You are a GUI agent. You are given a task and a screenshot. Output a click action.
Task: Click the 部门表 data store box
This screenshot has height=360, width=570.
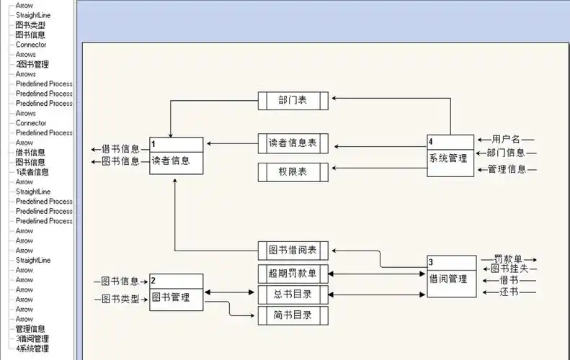click(x=293, y=101)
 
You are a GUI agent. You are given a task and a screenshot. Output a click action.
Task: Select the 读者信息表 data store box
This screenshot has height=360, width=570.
click(x=293, y=143)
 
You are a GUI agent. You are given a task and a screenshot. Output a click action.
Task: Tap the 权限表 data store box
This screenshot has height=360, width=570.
click(x=293, y=172)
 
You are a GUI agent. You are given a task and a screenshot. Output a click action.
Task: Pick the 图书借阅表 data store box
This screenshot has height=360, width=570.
click(x=293, y=251)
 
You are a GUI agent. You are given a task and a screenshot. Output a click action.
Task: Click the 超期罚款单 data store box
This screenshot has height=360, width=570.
click(x=293, y=273)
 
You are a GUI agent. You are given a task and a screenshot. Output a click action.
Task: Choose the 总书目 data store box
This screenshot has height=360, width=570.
click(x=293, y=294)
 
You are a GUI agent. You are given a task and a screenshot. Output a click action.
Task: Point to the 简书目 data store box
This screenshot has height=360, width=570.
click(x=293, y=315)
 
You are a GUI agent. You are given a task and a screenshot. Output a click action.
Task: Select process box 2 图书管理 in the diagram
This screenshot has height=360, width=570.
click(x=176, y=292)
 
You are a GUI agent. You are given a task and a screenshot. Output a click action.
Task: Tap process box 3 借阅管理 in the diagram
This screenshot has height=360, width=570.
click(x=452, y=276)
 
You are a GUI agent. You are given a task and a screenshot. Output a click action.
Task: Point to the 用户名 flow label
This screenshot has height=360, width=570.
click(x=506, y=139)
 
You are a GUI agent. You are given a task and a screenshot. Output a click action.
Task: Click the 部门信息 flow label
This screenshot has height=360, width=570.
click(x=506, y=153)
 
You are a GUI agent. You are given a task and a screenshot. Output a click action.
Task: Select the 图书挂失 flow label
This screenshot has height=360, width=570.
click(x=509, y=269)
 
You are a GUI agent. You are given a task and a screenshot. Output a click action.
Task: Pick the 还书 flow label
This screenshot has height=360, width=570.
click(x=509, y=292)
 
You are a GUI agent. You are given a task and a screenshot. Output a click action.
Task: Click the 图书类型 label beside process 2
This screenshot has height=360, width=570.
click(x=120, y=299)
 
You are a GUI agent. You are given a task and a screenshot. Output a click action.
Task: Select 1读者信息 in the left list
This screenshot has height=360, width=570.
click(x=32, y=172)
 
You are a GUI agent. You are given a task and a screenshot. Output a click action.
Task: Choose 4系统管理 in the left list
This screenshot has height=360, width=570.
click(x=32, y=348)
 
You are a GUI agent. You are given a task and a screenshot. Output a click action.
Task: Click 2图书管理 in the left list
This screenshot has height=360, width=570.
click(x=32, y=64)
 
